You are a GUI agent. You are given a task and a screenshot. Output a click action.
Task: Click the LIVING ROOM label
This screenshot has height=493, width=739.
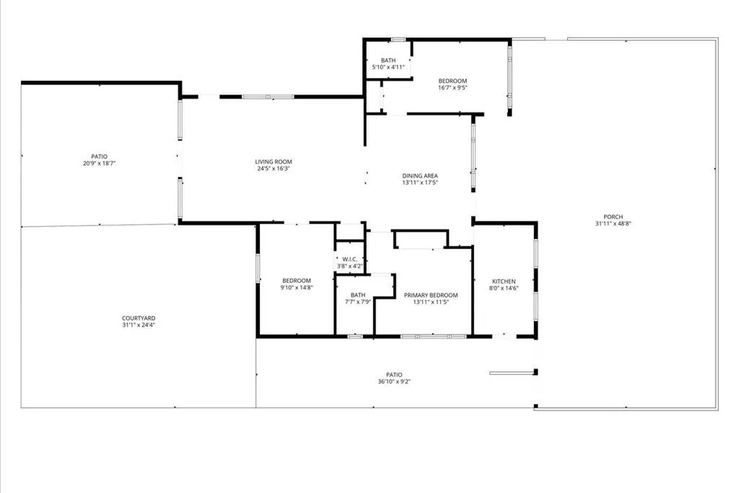(x=273, y=162)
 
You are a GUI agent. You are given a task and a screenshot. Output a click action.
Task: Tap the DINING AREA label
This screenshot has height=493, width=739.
(x=419, y=175)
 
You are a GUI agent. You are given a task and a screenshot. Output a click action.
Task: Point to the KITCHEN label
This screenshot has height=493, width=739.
(x=503, y=282)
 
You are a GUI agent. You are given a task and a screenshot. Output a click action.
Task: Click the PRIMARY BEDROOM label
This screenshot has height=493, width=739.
(x=430, y=295)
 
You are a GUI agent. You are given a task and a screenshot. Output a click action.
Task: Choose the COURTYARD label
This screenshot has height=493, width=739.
(x=139, y=318)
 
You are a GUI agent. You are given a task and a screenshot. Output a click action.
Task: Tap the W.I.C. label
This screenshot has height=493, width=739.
(x=350, y=259)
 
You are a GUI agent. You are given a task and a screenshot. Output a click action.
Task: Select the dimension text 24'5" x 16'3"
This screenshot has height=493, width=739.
(x=273, y=169)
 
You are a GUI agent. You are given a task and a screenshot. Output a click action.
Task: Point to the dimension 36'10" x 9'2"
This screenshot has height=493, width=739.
(x=393, y=382)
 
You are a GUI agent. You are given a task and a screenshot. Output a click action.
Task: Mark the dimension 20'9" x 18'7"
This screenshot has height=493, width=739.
(x=99, y=164)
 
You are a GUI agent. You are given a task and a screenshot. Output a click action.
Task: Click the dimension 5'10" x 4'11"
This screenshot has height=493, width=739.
(x=388, y=67)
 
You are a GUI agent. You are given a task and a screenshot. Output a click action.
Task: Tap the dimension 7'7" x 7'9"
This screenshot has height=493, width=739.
(x=358, y=302)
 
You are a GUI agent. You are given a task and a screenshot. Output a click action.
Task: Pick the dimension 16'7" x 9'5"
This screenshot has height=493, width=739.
(x=452, y=88)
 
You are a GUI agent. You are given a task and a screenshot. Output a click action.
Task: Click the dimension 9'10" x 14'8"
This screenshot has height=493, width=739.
(x=296, y=288)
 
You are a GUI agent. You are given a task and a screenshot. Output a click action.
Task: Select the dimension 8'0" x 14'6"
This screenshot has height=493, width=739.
(x=503, y=289)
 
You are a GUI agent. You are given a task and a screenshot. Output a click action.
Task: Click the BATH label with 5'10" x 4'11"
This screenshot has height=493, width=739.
(x=388, y=61)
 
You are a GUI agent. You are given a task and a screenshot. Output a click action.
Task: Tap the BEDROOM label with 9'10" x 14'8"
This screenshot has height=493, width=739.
(x=296, y=281)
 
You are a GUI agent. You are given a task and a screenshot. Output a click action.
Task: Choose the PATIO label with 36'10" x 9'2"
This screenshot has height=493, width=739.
(x=393, y=375)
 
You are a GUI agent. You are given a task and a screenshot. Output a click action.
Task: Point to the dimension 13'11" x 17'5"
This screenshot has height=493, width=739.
(x=419, y=183)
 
